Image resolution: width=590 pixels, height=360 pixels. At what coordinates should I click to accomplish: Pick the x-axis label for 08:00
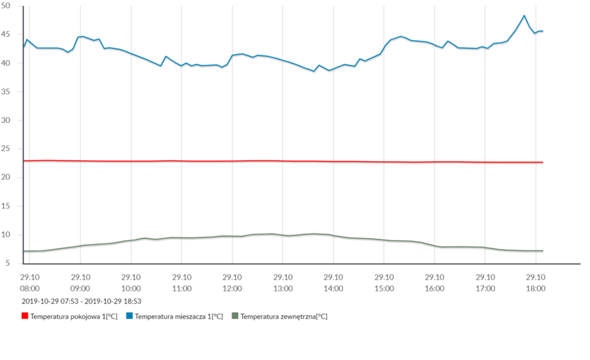pyautogui.click(x=30, y=283)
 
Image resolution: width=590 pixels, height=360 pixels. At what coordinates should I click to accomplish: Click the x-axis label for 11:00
pyautogui.click(x=182, y=283)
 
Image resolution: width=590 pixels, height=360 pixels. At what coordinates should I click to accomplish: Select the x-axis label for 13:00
pyautogui.click(x=283, y=283)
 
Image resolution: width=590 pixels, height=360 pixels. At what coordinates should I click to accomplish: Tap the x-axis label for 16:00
pyautogui.click(x=434, y=283)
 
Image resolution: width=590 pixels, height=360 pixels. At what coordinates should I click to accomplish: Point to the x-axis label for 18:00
pyautogui.click(x=536, y=283)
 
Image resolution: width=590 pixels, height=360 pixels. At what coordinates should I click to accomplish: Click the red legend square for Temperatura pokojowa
pyautogui.click(x=25, y=316)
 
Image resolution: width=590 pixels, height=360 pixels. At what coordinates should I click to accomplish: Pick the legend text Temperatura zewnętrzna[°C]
pyautogui.click(x=284, y=316)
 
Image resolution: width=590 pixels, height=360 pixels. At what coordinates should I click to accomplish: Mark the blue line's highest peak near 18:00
pyautogui.click(x=524, y=16)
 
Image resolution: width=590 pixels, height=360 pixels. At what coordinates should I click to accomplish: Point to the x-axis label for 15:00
pyautogui.click(x=383, y=283)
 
